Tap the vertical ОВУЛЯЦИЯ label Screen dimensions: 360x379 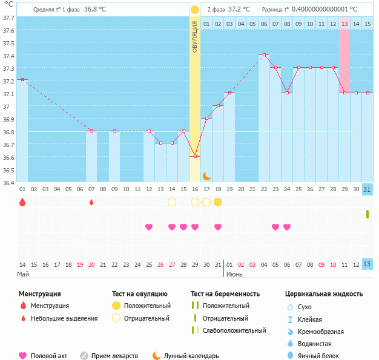tap(195, 36)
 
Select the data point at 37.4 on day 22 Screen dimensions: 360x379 tap(264, 54)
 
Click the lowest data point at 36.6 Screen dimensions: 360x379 tap(195, 156)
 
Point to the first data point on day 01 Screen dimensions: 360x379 tap(22, 80)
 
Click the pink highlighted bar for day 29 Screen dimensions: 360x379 tap(344, 61)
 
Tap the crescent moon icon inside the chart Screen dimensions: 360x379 tap(206, 175)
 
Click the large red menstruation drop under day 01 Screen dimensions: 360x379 tap(22, 202)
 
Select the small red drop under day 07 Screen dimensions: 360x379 tap(91, 202)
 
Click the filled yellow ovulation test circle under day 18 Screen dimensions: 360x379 tap(218, 202)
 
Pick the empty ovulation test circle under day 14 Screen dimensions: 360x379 tap(172, 202)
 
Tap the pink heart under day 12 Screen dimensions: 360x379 tap(149, 227)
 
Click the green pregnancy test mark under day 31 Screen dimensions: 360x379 tap(367, 214)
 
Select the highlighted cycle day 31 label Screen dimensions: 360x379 tap(367, 189)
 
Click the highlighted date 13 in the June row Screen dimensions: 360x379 tap(367, 264)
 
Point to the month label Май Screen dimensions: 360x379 tap(23, 274)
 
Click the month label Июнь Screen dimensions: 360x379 tap(236, 274)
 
